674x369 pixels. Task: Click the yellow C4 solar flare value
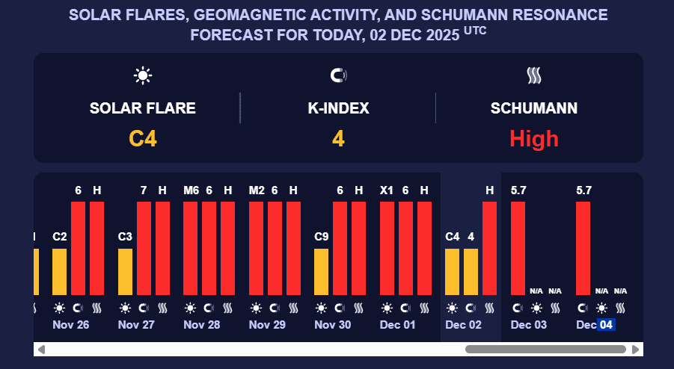[x=143, y=138]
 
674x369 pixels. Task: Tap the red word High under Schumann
[x=534, y=138]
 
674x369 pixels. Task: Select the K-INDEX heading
[x=338, y=108]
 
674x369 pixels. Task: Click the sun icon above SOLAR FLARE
[x=143, y=75]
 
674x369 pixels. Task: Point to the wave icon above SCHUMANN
[x=534, y=75]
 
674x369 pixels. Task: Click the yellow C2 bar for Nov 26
[x=59, y=272]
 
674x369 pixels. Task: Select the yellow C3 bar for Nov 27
[x=125, y=272]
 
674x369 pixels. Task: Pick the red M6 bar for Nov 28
[x=191, y=248]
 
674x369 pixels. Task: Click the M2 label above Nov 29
[x=256, y=190]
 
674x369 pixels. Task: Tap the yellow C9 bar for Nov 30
[x=321, y=272]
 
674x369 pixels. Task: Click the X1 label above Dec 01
[x=387, y=190]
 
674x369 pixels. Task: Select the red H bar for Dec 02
[x=490, y=248]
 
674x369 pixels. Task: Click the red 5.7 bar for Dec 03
[x=518, y=248]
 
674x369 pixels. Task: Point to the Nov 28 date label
[x=202, y=325]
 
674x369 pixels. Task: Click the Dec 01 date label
[x=398, y=325]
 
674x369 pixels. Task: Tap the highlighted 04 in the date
[x=606, y=325]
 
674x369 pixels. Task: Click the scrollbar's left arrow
[x=42, y=349]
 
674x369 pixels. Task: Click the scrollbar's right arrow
[x=635, y=349]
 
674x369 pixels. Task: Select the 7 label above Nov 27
[x=144, y=190]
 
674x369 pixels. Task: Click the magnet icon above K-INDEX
[x=338, y=75]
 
